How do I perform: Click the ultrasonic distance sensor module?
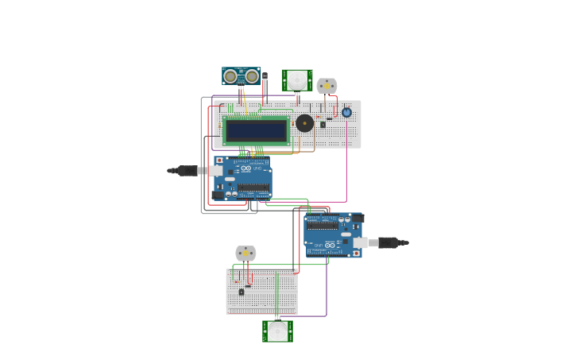pyautogui.click(x=241, y=75)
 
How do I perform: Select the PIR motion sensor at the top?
pyautogui.click(x=296, y=79)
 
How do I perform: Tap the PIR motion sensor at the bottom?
pyautogui.click(x=277, y=331)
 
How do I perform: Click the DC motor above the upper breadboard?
pyautogui.click(x=327, y=85)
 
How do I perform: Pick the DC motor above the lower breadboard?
pyautogui.click(x=245, y=254)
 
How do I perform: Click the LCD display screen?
pyautogui.click(x=256, y=130)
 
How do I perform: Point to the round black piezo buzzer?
pyautogui.click(x=304, y=123)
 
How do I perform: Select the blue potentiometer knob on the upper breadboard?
pyautogui.click(x=346, y=113)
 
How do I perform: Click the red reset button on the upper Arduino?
pyautogui.click(x=220, y=161)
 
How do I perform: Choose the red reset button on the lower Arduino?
pyautogui.click(x=358, y=252)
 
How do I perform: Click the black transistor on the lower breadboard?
pyautogui.click(x=242, y=292)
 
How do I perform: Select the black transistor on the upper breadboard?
pyautogui.click(x=323, y=124)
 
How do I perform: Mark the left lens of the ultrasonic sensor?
pyautogui.click(x=230, y=75)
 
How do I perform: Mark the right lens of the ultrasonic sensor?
pyautogui.click(x=251, y=75)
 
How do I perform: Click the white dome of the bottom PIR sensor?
pyautogui.click(x=277, y=332)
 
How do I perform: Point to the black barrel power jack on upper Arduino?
pyautogui.click(x=218, y=194)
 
